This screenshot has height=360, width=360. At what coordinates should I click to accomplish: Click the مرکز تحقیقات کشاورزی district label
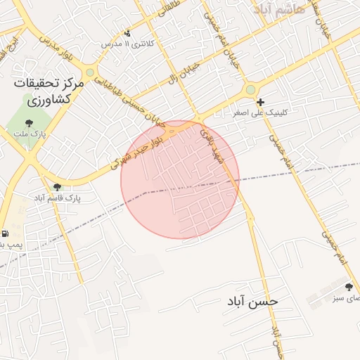[48, 92]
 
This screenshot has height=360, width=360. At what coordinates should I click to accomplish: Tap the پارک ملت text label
[29, 133]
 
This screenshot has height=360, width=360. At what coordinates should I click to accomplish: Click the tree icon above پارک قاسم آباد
[57, 187]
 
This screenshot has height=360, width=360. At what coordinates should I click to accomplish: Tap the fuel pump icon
[6, 233]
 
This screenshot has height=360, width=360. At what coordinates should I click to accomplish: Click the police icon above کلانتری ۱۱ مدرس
[127, 32]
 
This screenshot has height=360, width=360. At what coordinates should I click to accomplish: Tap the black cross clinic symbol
[260, 103]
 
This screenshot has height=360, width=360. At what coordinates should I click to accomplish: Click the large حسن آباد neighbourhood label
[252, 301]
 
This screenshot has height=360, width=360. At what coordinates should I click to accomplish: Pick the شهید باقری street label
[212, 143]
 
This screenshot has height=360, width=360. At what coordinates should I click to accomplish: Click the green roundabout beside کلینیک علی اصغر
[250, 89]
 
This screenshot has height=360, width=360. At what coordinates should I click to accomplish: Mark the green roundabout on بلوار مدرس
[90, 72]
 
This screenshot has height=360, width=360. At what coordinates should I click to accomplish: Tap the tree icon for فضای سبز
[349, 286]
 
